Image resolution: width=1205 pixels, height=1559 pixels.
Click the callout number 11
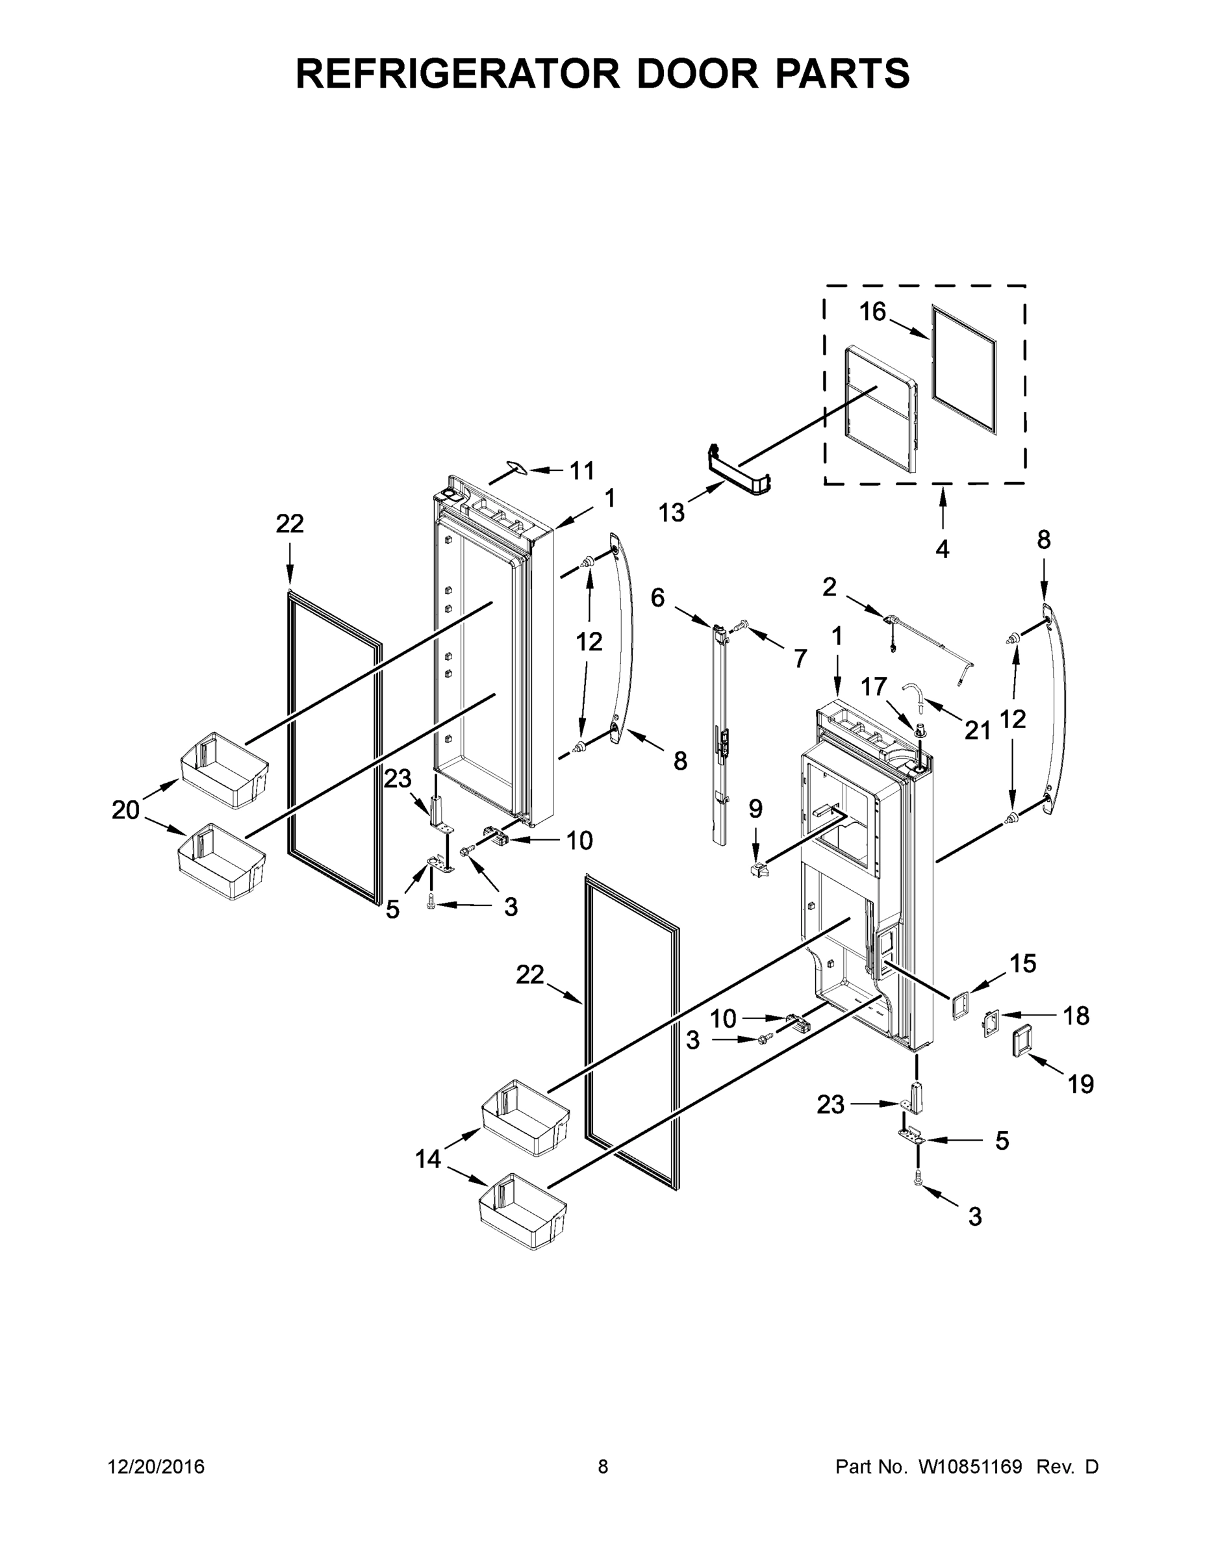click(x=582, y=470)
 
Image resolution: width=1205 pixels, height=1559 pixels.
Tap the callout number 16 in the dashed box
click(x=872, y=312)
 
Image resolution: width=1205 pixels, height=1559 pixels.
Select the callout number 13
click(x=671, y=512)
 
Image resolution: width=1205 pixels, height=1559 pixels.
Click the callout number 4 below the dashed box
click(x=943, y=549)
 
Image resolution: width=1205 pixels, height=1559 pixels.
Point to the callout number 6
click(x=657, y=598)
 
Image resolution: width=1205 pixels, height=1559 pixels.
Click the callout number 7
click(x=800, y=657)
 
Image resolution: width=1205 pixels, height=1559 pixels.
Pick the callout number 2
click(x=829, y=587)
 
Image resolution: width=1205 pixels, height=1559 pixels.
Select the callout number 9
click(x=755, y=809)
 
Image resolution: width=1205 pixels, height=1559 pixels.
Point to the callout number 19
click(x=1081, y=1084)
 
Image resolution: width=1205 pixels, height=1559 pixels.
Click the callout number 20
click(x=125, y=810)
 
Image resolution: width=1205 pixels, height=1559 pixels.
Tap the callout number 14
click(x=428, y=1160)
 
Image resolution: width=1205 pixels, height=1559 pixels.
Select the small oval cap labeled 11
click(x=513, y=467)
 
